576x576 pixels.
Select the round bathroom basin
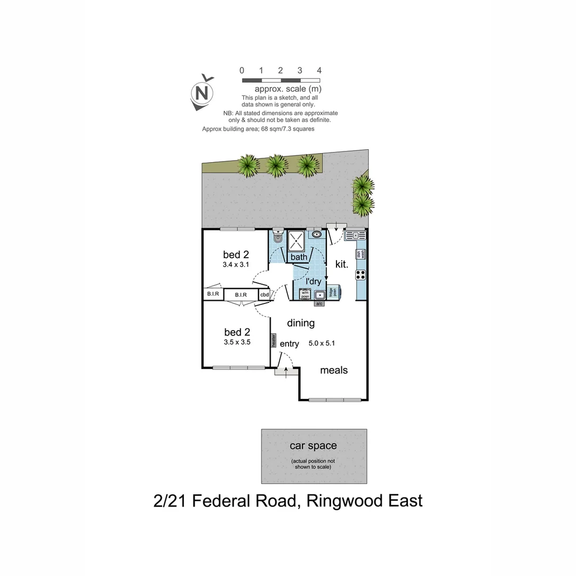click(x=317, y=234)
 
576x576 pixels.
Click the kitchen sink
click(x=355, y=235)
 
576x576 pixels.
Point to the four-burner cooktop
click(x=361, y=275)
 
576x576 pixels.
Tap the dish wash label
click(x=361, y=254)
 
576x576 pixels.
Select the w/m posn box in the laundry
click(x=306, y=294)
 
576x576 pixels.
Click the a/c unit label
click(x=319, y=303)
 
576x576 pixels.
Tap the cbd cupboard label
click(x=265, y=294)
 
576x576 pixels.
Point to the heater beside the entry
click(x=274, y=341)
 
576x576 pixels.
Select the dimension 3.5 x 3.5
click(x=237, y=342)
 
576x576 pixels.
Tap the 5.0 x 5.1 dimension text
click(x=322, y=344)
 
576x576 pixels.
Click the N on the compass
click(x=202, y=93)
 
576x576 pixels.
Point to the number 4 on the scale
click(x=319, y=70)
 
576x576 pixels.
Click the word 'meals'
click(x=334, y=370)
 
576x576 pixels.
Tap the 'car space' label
click(x=313, y=445)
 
